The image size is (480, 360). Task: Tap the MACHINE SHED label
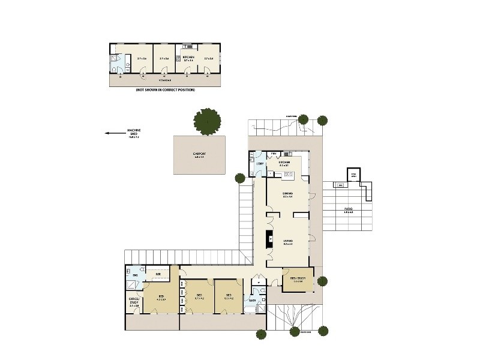point(133,134)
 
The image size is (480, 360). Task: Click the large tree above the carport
point(207,122)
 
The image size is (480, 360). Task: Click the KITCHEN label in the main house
point(284,163)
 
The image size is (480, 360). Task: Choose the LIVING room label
point(287,242)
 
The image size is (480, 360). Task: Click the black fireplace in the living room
point(271,239)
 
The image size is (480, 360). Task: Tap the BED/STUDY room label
point(298,279)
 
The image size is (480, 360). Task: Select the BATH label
point(253,300)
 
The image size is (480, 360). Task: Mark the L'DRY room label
point(260,164)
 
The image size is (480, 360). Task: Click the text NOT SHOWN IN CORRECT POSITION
point(165,90)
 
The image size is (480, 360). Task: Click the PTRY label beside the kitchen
point(274,154)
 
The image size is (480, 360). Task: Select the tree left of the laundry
point(239,178)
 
